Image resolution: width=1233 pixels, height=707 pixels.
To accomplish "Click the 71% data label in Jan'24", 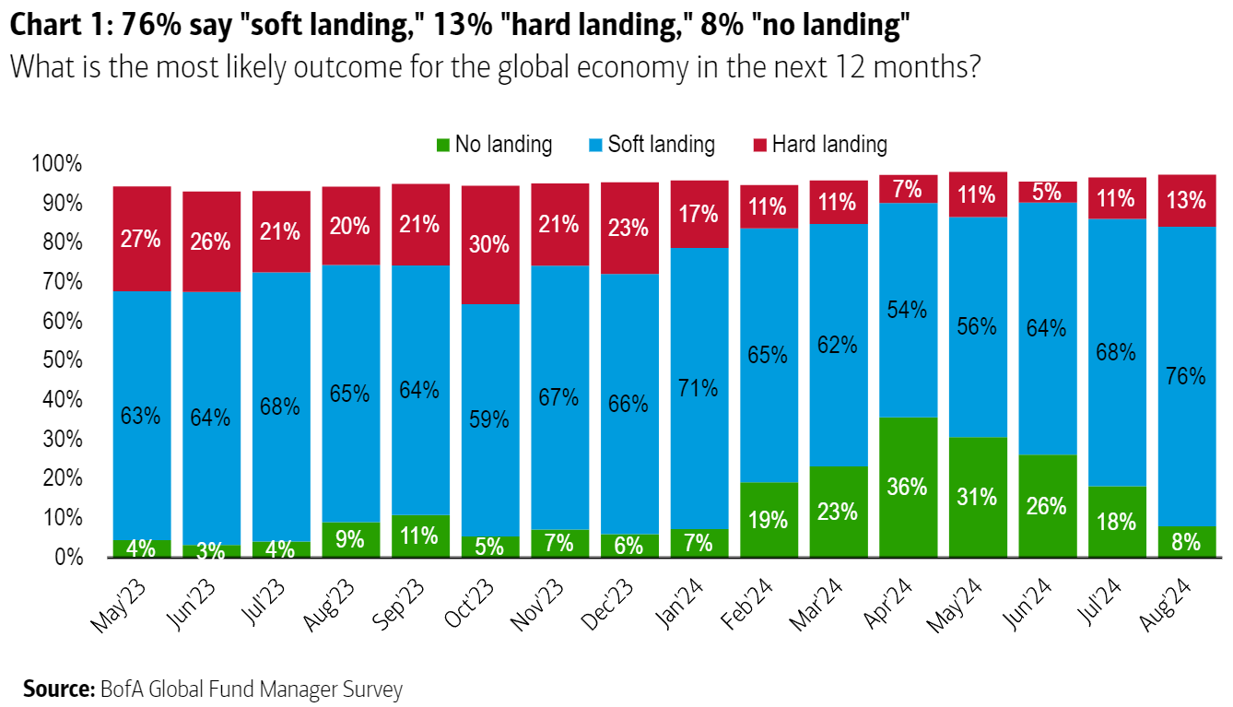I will coord(698,387).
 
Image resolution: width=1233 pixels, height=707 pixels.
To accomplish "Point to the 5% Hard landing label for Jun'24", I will coord(1046,192).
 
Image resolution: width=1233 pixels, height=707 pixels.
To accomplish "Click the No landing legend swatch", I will coord(442,145).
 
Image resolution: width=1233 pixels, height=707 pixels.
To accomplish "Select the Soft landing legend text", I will coord(661,145).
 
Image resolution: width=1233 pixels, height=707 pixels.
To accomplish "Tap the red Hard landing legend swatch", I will coord(759,145).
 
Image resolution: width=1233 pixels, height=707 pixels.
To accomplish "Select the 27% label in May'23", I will coord(140,239).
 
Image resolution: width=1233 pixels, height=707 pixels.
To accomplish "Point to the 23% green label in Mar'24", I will coord(837,511).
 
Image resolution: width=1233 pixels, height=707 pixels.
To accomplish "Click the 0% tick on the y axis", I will coord(68,558).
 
